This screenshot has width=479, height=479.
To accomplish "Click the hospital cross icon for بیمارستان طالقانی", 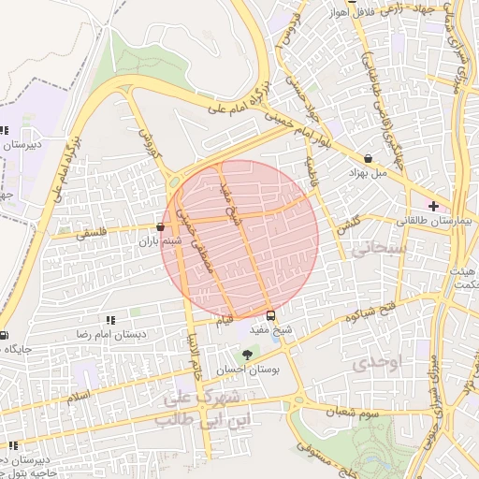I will point(432,205).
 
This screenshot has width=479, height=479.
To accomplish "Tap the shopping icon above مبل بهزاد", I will point(367,159).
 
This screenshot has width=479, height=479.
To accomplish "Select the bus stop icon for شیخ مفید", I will point(270,315).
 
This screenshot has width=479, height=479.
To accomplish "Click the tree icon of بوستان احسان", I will point(247,355).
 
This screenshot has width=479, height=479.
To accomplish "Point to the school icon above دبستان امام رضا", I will point(111,320).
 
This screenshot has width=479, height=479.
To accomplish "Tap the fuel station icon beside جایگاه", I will point(5,336).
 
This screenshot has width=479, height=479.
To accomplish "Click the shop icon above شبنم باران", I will point(160,226).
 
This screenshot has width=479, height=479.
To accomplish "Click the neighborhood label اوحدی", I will point(376,364).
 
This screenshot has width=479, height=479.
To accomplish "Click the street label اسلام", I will point(79,396).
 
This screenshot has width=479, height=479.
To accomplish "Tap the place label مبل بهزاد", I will point(367,173).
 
